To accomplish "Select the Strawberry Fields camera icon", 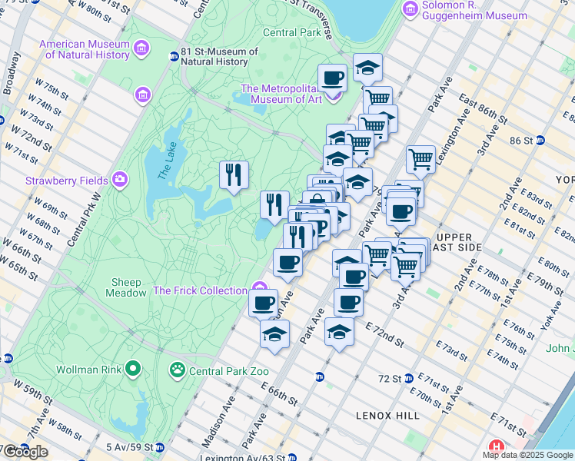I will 119,181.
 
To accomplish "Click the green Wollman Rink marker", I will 133,370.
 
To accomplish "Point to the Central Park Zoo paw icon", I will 178,370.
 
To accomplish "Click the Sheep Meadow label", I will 128,287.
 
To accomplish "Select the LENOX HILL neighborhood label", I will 387,416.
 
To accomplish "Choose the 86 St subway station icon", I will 540,141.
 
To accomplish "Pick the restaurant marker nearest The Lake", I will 233,174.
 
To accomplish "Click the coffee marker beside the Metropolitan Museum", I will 332,77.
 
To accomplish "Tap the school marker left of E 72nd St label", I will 339,331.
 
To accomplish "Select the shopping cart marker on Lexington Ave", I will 420,159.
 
